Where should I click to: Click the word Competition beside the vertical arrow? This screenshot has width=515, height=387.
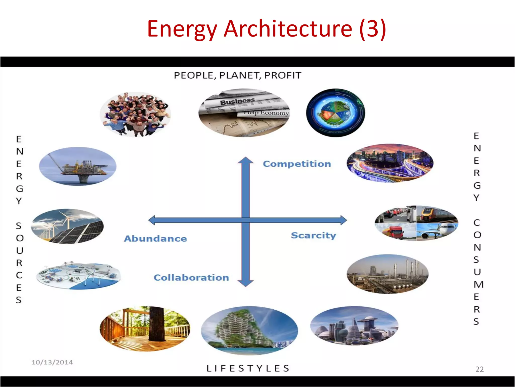tap(297, 164)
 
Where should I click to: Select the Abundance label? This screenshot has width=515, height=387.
tap(155, 238)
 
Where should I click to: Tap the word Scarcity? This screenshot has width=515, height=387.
tap(313, 235)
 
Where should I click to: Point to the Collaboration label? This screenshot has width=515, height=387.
tap(191, 277)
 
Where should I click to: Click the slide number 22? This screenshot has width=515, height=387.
tap(479, 369)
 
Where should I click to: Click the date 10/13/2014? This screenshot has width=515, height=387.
tap(52, 362)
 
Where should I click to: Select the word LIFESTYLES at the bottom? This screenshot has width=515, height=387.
tap(248, 368)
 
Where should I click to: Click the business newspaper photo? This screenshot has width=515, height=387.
tap(244, 113)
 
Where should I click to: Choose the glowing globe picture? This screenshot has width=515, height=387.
tap(335, 113)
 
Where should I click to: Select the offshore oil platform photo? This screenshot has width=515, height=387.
tap(77, 166)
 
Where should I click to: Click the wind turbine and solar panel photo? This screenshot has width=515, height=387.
tap(67, 226)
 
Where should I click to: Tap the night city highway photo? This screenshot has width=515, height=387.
tap(390, 163)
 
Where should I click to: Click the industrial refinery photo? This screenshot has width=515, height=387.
tap(387, 274)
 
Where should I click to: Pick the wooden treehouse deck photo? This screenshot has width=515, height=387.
tap(145, 329)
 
